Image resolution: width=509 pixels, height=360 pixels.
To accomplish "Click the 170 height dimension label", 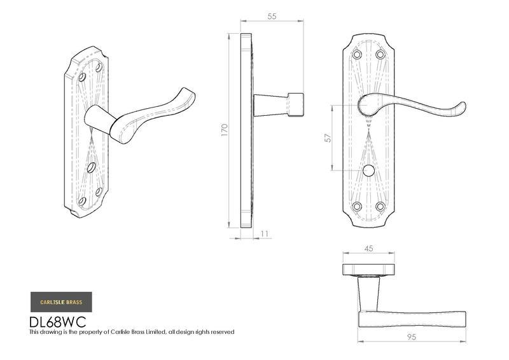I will coord(224,130).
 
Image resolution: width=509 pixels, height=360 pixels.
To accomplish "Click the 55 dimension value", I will coord(272,17).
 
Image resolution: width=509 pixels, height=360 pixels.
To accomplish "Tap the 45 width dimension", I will coord(368,249).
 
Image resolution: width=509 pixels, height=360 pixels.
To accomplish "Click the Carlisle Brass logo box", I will coord(61,301).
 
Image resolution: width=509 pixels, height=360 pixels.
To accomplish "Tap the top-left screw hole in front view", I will coord(357,55).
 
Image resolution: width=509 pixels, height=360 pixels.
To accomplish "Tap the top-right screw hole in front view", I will coord(380,55).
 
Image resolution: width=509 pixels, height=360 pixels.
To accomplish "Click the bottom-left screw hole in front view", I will coord(357,206).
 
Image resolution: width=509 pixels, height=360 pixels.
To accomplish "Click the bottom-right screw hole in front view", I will coord(380,206).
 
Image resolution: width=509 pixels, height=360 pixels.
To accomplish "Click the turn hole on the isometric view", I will coord(92,169).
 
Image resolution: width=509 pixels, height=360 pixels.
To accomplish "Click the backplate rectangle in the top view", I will coord(368,268).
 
